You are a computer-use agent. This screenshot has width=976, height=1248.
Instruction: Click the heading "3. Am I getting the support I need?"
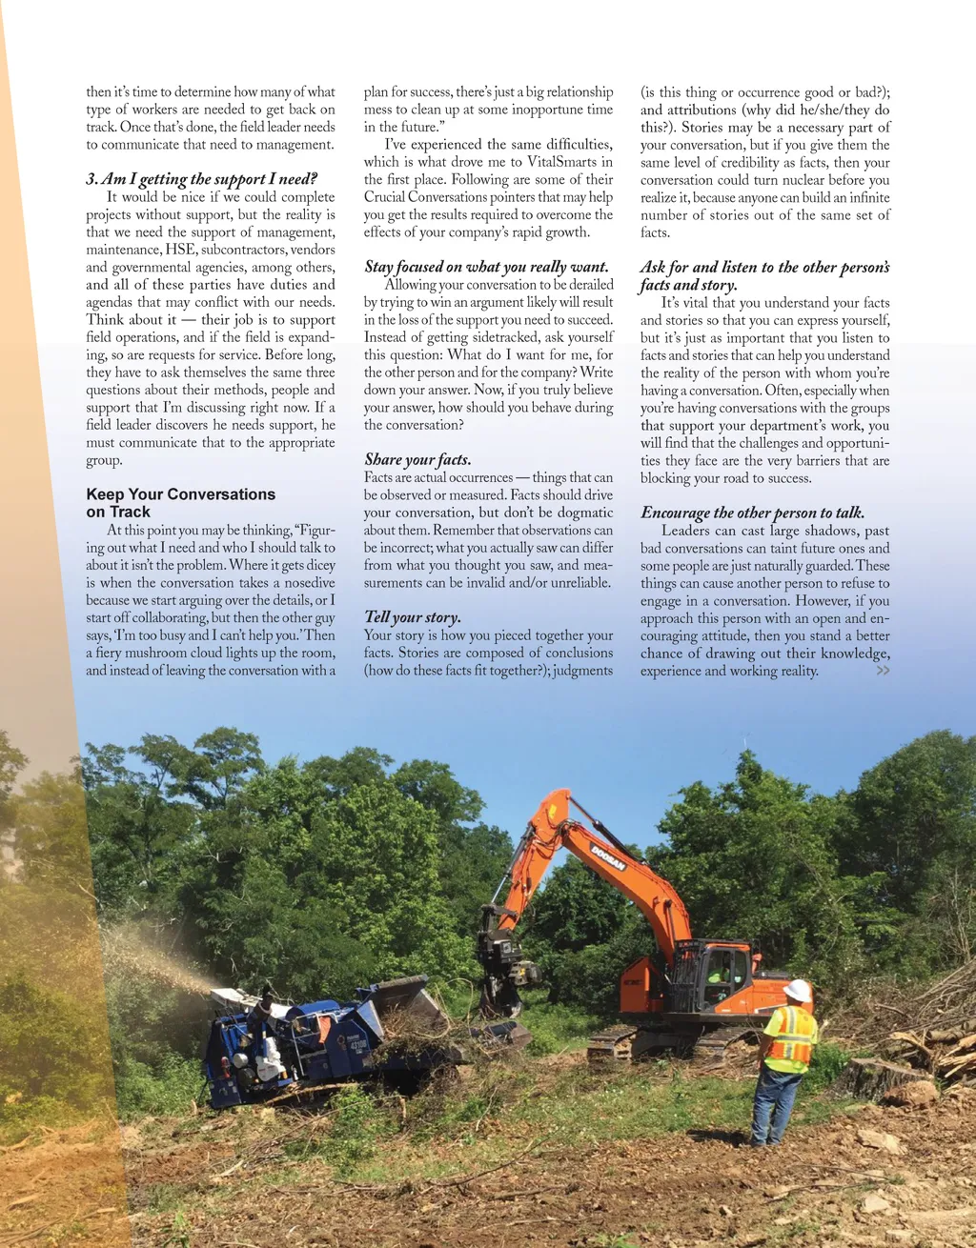pyautogui.click(x=201, y=179)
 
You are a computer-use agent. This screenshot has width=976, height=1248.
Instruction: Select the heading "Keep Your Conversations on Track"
pyautogui.click(x=180, y=503)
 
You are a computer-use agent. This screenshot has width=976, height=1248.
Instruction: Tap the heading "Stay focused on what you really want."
pyautogui.click(x=486, y=267)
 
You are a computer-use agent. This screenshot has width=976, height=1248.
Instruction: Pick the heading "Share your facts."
pyautogui.click(x=417, y=459)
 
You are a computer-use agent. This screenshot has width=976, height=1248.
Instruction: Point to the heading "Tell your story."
pyautogui.click(x=413, y=617)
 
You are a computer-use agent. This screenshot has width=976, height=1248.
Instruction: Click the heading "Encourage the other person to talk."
pyautogui.click(x=752, y=513)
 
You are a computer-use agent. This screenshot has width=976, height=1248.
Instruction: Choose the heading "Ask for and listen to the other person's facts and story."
pyautogui.click(x=764, y=276)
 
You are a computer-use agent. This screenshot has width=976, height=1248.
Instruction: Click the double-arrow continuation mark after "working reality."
pyautogui.click(x=884, y=671)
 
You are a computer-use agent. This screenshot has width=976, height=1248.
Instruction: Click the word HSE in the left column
pyautogui.click(x=180, y=250)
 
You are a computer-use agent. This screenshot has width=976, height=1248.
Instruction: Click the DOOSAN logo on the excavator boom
pyautogui.click(x=607, y=856)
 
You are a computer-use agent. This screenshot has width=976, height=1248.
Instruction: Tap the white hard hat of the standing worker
pyautogui.click(x=796, y=991)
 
